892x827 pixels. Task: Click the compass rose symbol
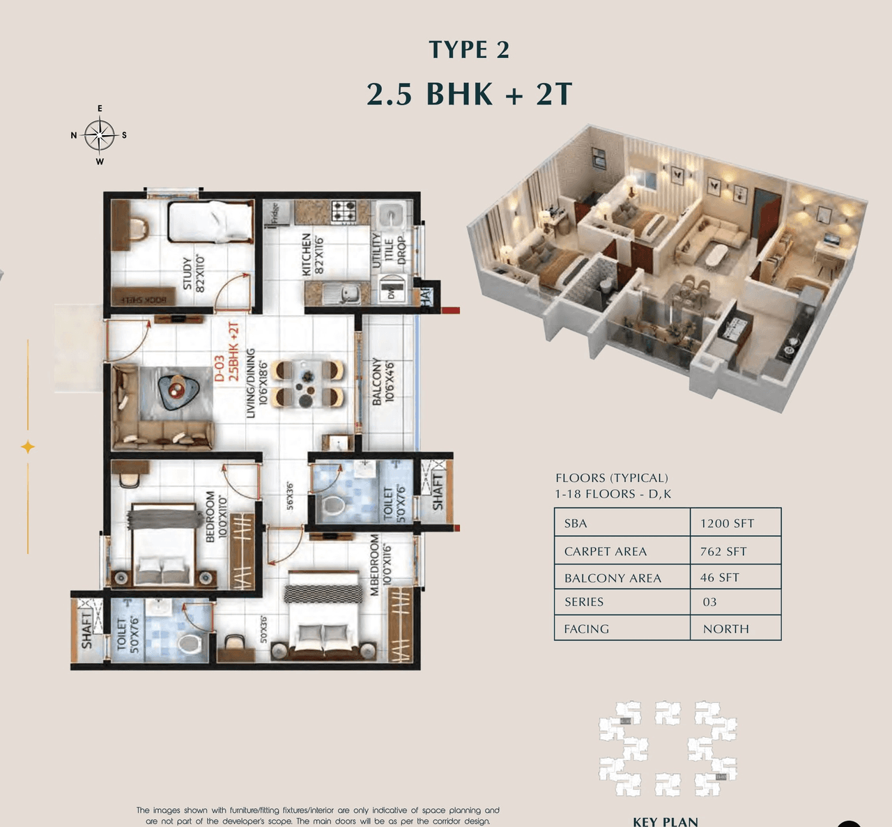click(100, 135)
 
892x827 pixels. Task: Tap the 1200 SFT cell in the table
click(727, 523)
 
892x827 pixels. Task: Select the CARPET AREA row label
click(605, 551)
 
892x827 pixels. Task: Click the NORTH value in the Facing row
click(725, 628)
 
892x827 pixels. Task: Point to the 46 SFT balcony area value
click(719, 578)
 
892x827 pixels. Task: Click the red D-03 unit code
click(219, 368)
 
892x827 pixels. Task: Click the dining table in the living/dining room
click(308, 383)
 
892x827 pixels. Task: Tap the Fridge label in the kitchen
click(275, 212)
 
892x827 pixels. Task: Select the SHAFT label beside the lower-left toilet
click(86, 630)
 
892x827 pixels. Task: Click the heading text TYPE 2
click(469, 49)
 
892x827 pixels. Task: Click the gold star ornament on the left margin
click(28, 447)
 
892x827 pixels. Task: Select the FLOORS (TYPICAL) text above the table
click(611, 478)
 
